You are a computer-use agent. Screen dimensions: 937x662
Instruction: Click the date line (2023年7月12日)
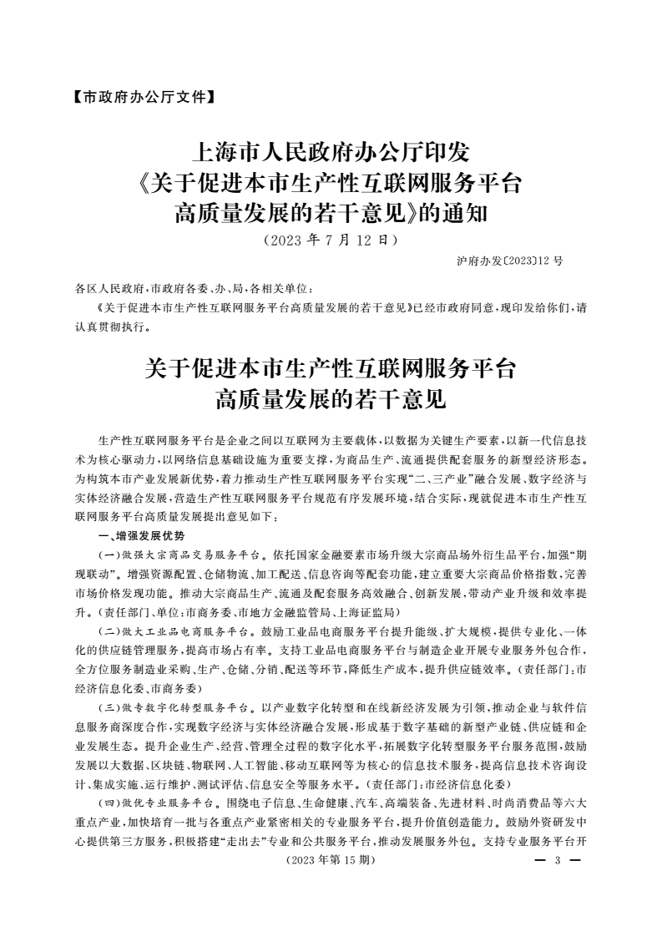330,241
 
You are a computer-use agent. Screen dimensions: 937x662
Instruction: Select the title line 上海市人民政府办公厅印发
331,154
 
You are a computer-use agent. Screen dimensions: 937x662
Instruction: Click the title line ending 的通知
331,214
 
